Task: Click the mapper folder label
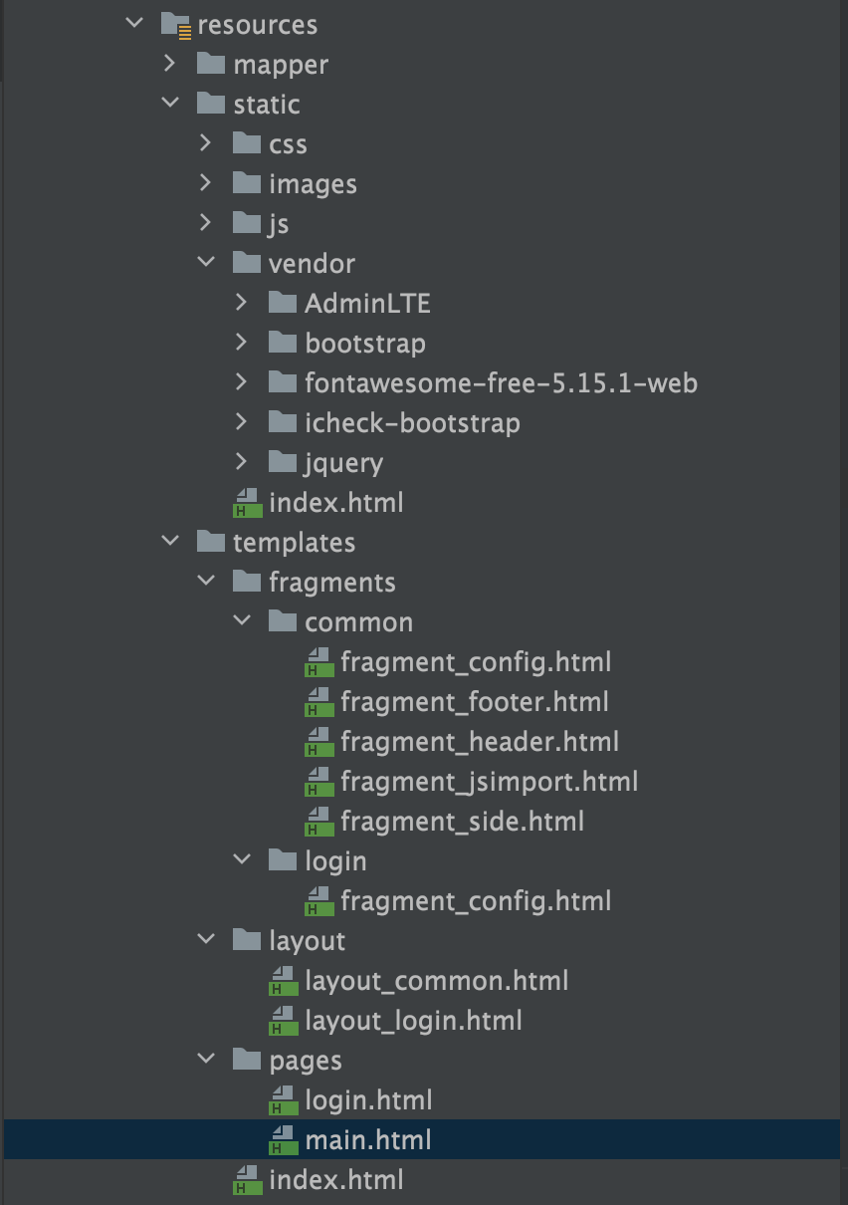click(280, 65)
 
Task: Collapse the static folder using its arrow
click(170, 104)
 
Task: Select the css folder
click(287, 144)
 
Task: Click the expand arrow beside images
click(206, 183)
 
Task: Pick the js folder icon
click(247, 223)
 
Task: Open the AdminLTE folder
click(367, 304)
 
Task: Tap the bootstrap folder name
click(364, 344)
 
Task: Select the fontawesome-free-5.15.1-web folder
click(501, 383)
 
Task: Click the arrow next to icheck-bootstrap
click(242, 422)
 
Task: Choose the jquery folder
click(343, 463)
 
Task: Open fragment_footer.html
click(474, 702)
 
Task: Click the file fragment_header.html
click(479, 742)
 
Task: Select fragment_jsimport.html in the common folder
click(489, 782)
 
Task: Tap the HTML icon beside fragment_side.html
click(318, 822)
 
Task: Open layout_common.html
click(436, 981)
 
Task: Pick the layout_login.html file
click(413, 1021)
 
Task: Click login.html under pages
click(368, 1100)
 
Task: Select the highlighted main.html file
click(368, 1140)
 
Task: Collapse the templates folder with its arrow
click(170, 542)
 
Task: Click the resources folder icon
click(175, 25)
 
